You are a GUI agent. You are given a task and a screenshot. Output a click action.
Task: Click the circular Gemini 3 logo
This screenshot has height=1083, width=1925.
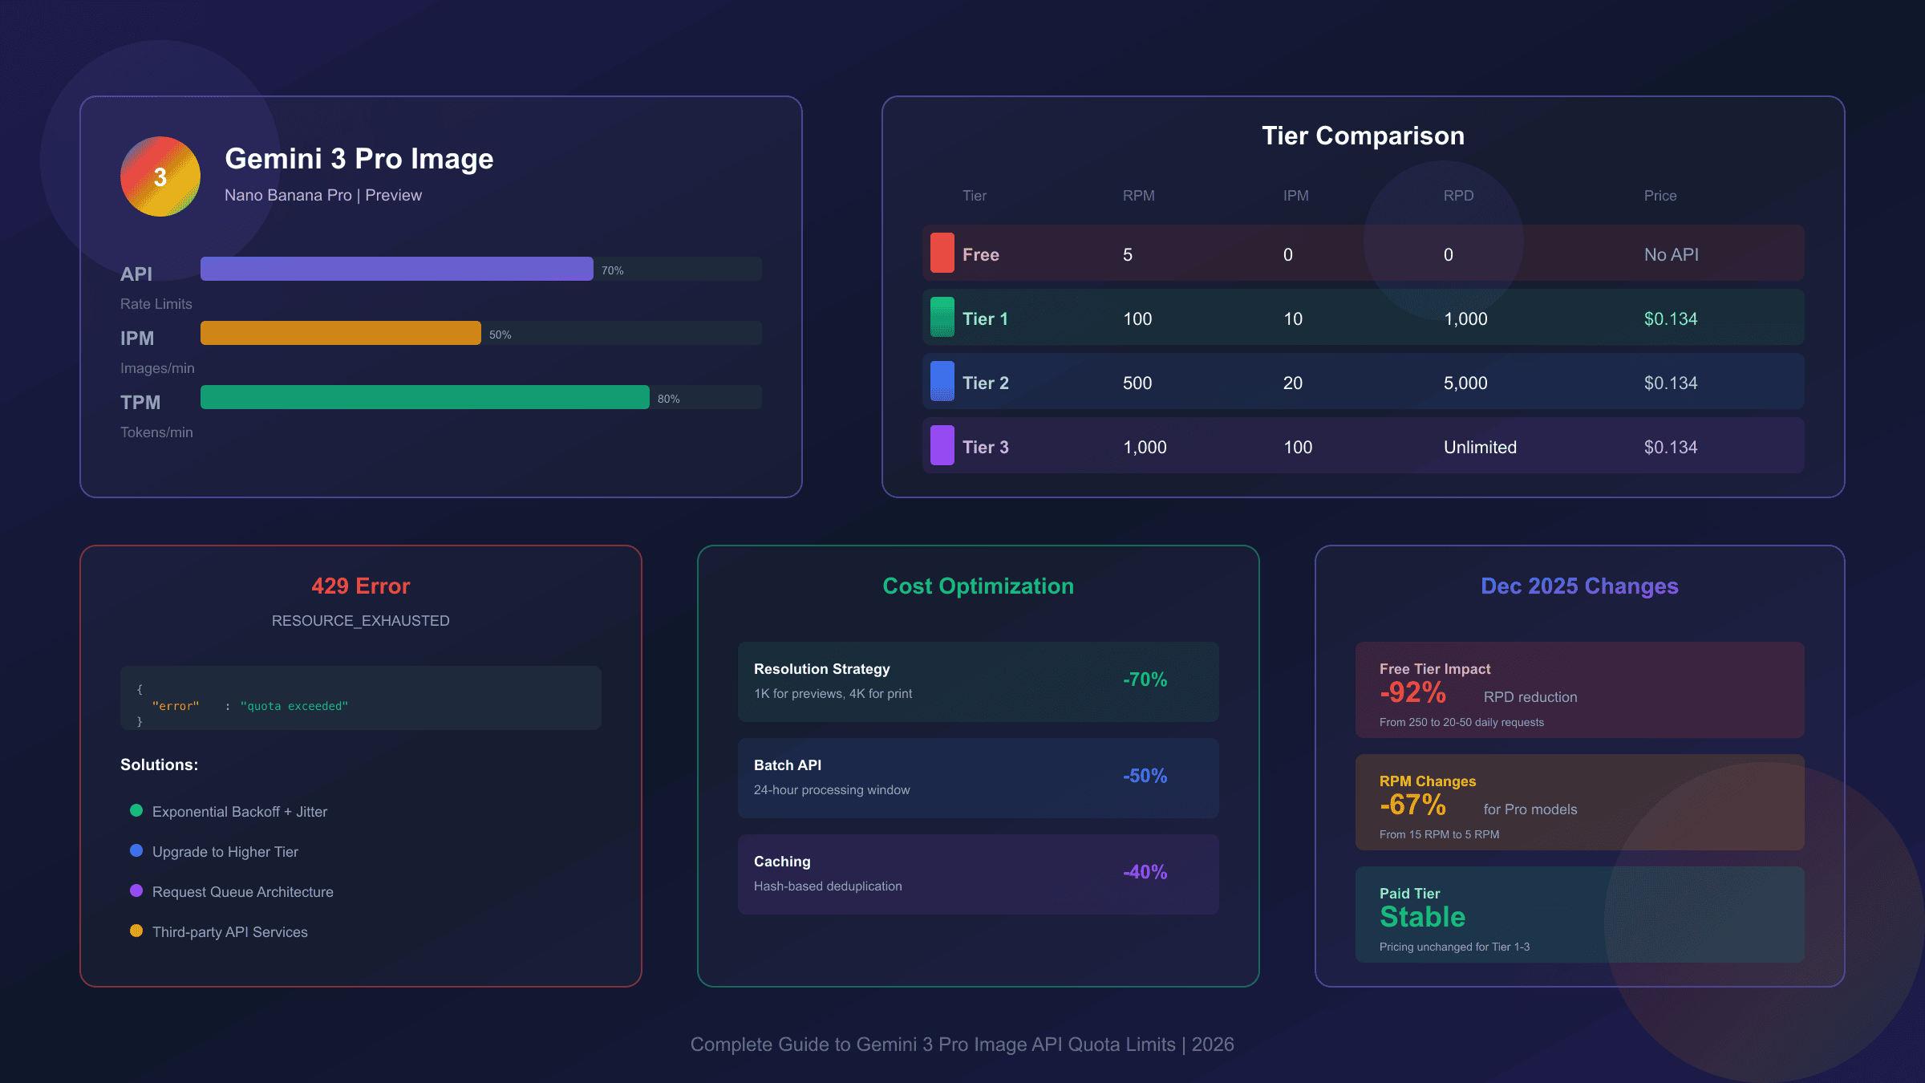click(x=160, y=176)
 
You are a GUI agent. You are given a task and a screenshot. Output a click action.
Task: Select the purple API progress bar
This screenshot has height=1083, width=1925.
click(x=396, y=269)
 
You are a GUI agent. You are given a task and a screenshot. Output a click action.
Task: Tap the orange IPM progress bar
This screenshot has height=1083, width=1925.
click(x=340, y=333)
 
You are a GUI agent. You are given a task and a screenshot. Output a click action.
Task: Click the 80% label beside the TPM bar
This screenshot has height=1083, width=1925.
click(x=668, y=399)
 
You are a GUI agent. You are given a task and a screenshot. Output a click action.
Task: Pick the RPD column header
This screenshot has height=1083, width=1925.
click(x=1458, y=196)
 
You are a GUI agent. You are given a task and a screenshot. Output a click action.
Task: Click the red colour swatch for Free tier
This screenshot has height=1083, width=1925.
click(x=942, y=253)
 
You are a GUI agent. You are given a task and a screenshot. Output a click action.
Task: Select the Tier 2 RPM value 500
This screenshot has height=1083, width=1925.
click(x=1137, y=383)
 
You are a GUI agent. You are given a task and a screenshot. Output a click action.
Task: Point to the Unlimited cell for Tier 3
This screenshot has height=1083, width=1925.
click(x=1480, y=447)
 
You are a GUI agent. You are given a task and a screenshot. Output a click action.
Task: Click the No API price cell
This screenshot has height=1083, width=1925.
click(x=1671, y=254)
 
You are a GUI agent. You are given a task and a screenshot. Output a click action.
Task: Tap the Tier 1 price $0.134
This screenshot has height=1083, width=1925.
click(x=1671, y=318)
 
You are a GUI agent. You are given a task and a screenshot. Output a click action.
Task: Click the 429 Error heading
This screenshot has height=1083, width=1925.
click(x=361, y=586)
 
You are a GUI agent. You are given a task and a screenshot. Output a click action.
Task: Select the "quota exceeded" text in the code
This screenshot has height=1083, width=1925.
click(x=294, y=706)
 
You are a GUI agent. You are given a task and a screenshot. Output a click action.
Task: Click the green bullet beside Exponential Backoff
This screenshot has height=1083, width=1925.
click(x=136, y=810)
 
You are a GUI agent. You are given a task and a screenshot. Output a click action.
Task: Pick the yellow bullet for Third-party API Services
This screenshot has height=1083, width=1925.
click(x=136, y=931)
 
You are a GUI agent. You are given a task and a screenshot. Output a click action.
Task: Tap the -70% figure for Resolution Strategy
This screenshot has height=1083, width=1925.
click(x=1145, y=679)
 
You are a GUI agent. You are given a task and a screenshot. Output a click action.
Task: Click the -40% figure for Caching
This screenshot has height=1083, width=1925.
click(x=1145, y=872)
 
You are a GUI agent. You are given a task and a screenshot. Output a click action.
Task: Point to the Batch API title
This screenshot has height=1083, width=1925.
click(x=787, y=765)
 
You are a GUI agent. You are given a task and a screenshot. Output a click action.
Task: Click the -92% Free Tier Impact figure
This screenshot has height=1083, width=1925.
click(x=1412, y=692)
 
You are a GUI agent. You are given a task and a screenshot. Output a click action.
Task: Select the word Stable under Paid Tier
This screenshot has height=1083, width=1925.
click(x=1422, y=917)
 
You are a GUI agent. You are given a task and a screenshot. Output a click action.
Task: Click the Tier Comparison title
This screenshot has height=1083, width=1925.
click(x=1363, y=136)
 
